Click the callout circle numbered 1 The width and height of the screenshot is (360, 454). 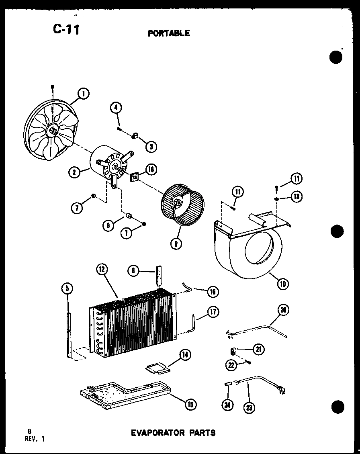click(84, 94)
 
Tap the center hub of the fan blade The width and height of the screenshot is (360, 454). click(52, 130)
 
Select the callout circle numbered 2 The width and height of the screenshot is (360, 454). click(74, 173)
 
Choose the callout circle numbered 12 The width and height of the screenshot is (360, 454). click(101, 270)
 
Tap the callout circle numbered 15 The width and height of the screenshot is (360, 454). click(190, 405)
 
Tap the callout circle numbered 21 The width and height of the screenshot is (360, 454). click(259, 350)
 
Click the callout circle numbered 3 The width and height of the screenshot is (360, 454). click(151, 147)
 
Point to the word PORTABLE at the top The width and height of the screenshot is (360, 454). click(169, 33)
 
